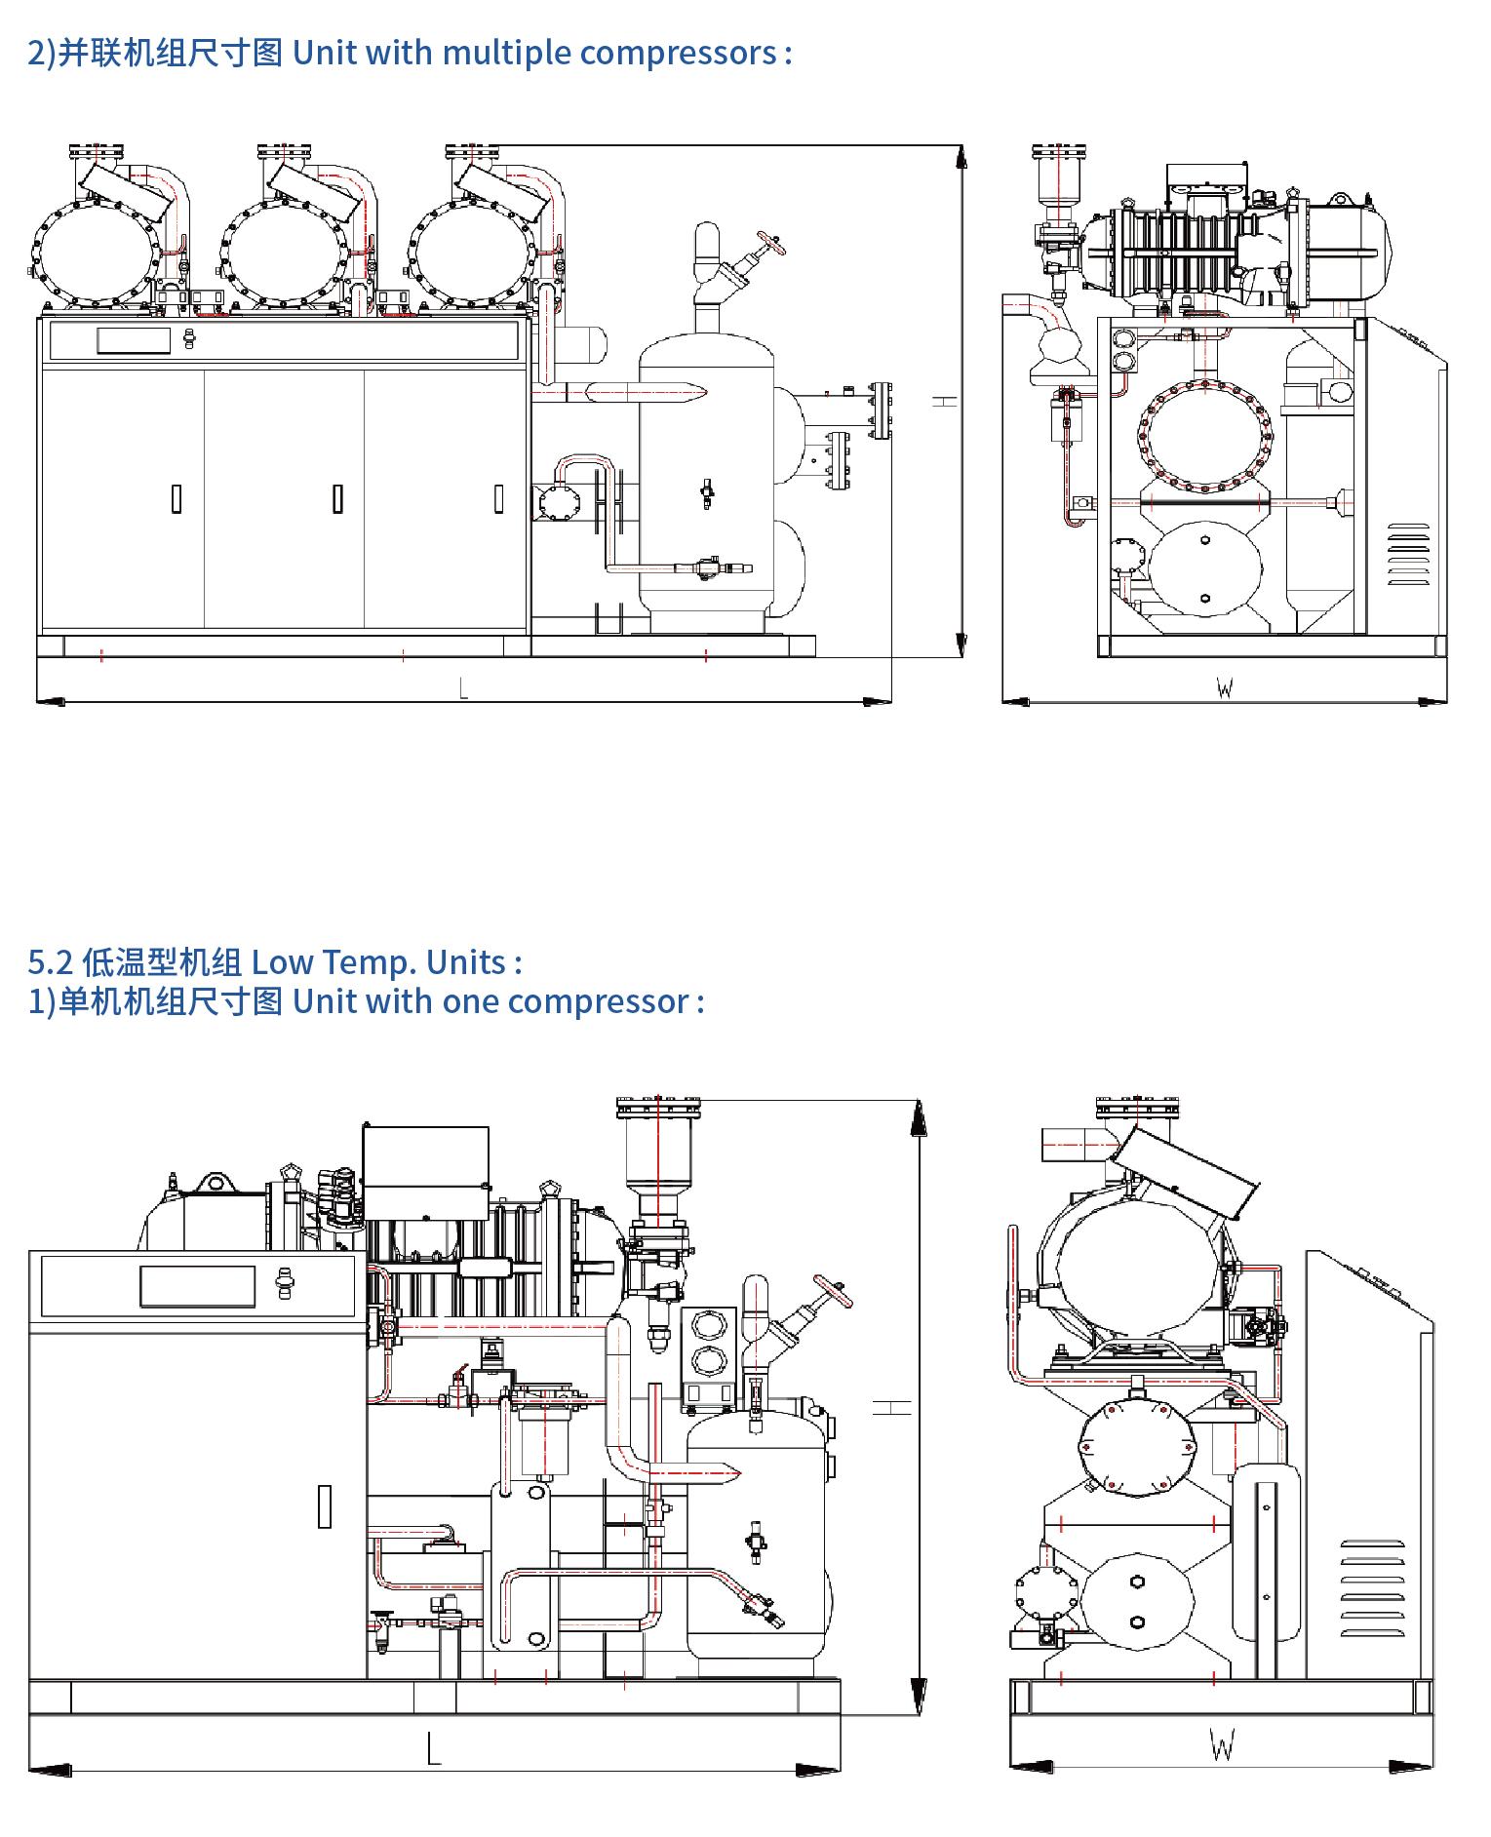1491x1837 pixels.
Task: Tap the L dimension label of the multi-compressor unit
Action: click(463, 688)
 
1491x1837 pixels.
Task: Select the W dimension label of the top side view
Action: click(1225, 688)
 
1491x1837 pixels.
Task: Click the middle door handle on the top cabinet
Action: click(337, 498)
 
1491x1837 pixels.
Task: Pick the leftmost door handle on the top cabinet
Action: click(177, 498)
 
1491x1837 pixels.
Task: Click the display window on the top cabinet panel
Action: click(134, 340)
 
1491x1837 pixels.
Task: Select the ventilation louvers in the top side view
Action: click(1408, 555)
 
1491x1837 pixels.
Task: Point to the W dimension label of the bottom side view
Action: click(1222, 1744)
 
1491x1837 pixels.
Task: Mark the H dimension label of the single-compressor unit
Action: click(891, 1407)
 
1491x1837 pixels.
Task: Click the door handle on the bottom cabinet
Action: click(325, 1505)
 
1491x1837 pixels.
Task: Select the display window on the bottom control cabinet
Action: click(197, 1285)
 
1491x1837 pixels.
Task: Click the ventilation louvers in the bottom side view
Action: click(1372, 1589)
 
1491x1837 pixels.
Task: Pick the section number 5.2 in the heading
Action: click(50, 962)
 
